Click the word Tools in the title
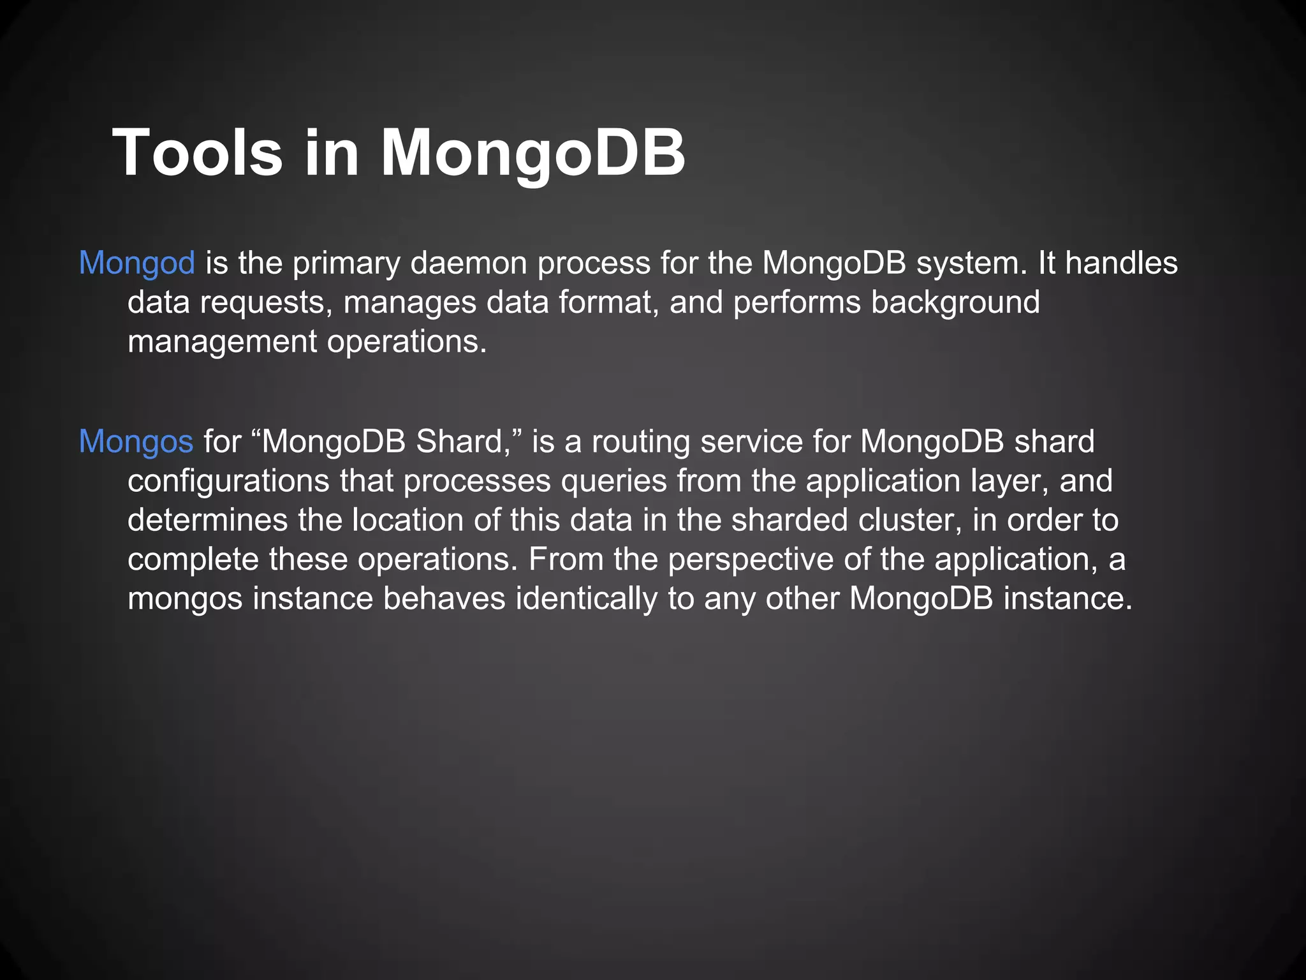pos(197,153)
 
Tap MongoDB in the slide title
pos(532,153)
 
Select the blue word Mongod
pos(136,263)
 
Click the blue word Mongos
pos(136,442)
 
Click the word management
pos(222,341)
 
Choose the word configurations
pos(228,481)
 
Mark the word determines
pos(207,520)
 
